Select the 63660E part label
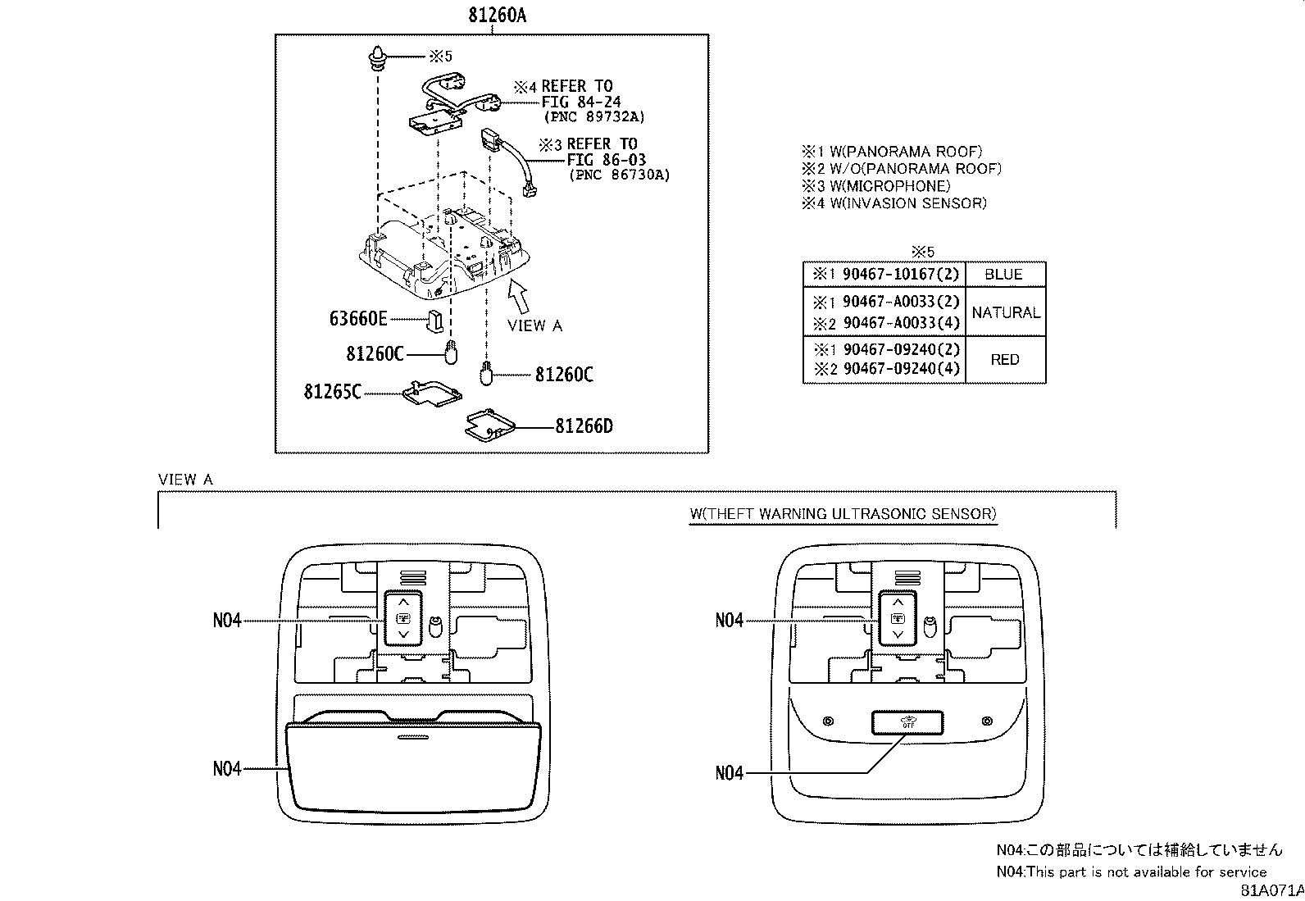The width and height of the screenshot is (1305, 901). [x=358, y=318]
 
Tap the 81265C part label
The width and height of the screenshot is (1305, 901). [x=332, y=392]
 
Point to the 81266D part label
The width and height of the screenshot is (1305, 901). [x=584, y=426]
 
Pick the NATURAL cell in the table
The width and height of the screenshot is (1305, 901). [x=1005, y=312]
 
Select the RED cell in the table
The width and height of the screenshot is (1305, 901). [x=1004, y=360]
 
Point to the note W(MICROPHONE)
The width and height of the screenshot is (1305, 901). [x=876, y=186]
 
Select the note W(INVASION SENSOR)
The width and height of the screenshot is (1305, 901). [x=894, y=203]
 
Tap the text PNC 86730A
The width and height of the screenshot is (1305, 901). [x=619, y=175]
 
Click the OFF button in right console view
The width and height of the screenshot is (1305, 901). [x=907, y=722]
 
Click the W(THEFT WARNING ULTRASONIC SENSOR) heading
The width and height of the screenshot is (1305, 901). [x=843, y=514]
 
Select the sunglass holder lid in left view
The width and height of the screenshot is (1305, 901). [x=413, y=762]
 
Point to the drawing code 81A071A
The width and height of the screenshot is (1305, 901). [x=1271, y=890]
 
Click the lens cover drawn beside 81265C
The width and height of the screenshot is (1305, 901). [x=432, y=394]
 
